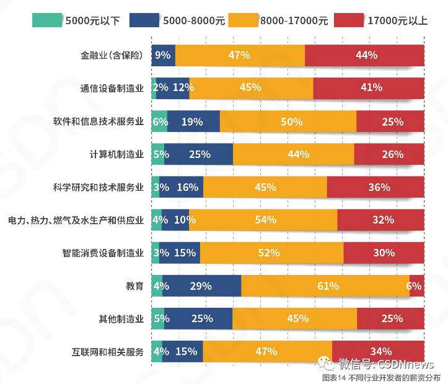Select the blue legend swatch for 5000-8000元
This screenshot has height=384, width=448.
click(144, 20)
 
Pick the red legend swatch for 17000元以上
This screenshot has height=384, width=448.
click(349, 20)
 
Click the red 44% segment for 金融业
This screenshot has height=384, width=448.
click(364, 55)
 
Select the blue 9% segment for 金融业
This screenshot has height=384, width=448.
click(164, 55)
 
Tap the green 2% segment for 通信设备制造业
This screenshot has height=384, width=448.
click(154, 88)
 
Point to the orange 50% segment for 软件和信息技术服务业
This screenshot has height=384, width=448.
click(288, 121)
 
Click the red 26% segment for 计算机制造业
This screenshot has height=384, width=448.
click(389, 154)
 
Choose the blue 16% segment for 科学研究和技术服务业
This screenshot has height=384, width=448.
click(182, 187)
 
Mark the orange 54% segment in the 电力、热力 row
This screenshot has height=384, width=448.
click(263, 220)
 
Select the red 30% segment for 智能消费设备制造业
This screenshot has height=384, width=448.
click(384, 253)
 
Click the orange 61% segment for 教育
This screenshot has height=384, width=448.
click(325, 286)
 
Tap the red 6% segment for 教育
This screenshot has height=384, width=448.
click(417, 286)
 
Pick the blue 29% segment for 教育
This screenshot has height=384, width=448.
click(202, 286)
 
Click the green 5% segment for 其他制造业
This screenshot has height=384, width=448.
click(157, 318)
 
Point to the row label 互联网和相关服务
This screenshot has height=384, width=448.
click(107, 352)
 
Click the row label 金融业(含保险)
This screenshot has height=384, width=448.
click(112, 55)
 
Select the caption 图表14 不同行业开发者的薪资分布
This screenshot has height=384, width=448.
click(381, 377)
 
